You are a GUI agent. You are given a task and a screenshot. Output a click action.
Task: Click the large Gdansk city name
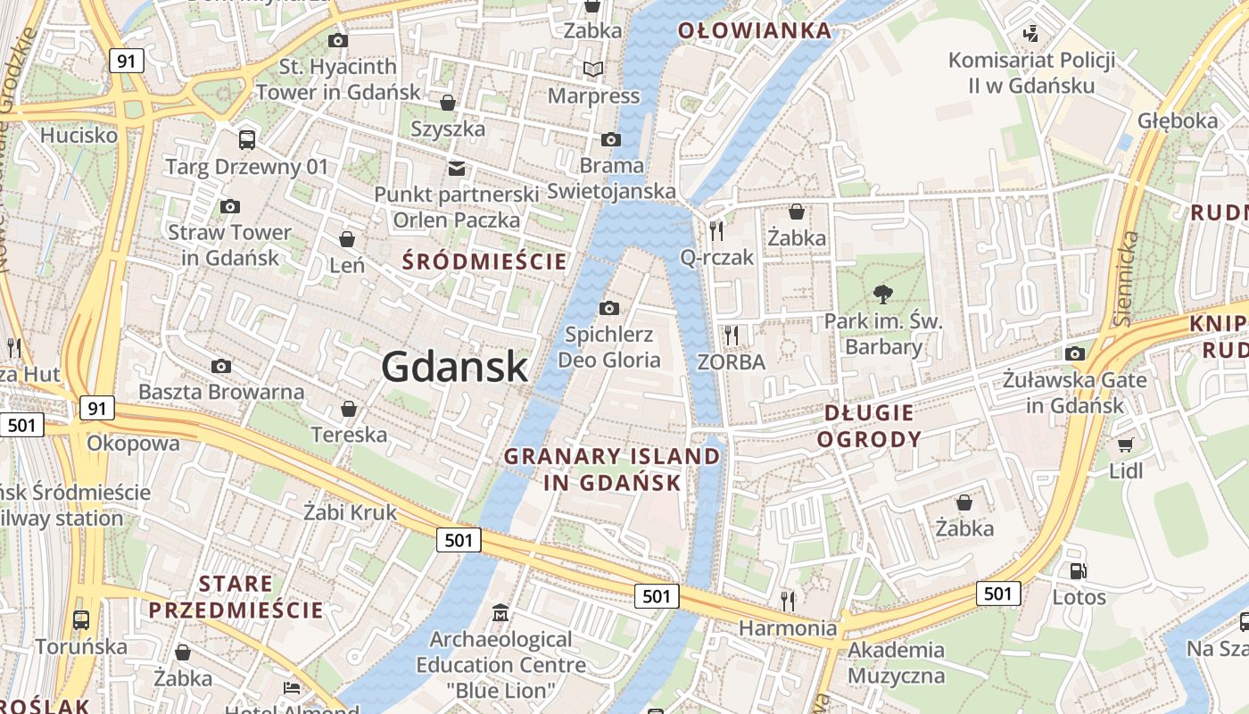pos(454,367)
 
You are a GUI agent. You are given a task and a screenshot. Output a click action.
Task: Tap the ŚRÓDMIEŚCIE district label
pos(484,262)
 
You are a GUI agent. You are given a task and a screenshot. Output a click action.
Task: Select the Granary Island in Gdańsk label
pos(612,469)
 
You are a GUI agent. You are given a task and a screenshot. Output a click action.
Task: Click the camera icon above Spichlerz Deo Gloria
pos(609,309)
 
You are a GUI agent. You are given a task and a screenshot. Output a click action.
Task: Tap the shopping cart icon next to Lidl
pos(1125,444)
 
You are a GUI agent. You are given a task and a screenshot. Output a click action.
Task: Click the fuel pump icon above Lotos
pos(1079,571)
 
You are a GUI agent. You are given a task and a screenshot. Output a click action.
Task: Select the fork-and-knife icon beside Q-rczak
pos(715,231)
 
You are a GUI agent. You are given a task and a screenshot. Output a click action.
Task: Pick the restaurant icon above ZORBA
pos(732,336)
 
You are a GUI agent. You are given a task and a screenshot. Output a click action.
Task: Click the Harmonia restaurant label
pos(788,628)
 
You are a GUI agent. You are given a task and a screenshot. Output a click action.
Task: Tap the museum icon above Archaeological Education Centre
pos(500,613)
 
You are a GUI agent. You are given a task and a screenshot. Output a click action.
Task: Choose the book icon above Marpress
pos(593,69)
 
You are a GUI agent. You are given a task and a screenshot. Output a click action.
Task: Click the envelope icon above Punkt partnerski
pos(457,168)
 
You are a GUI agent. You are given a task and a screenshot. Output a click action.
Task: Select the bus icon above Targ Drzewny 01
pos(247,140)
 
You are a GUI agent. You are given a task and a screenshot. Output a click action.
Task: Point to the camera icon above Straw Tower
pos(229,207)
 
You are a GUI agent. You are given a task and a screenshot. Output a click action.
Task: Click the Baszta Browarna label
pos(221,392)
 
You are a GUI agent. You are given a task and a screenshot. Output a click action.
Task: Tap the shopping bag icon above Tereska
pos(349,409)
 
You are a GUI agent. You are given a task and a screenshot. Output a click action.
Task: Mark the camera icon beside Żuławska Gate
pos(1075,353)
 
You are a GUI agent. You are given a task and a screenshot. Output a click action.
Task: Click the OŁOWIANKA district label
pos(755,31)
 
